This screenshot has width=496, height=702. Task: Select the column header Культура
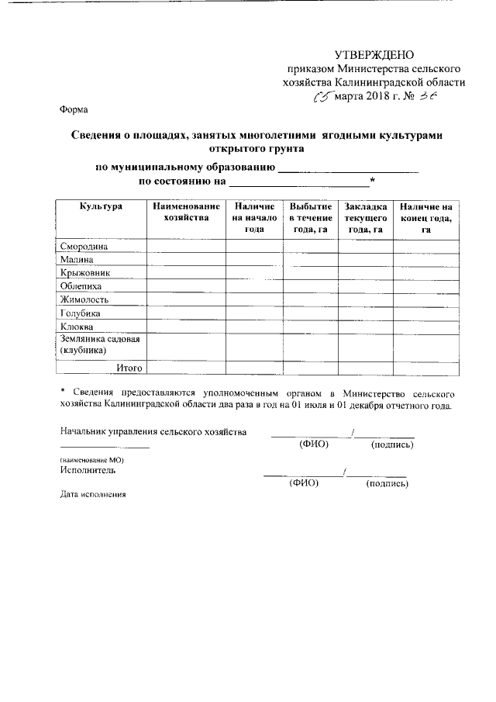[101, 207]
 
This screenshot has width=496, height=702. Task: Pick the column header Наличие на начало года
[254, 218]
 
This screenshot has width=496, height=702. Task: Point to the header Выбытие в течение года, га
[310, 218]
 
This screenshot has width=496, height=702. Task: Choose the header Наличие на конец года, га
[425, 218]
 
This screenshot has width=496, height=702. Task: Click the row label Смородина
[84, 247]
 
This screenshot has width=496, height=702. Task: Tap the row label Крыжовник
[85, 273]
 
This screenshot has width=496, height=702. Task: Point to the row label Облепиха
[83, 286]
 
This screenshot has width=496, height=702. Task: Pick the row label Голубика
[81, 313]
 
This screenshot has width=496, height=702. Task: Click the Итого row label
[129, 367]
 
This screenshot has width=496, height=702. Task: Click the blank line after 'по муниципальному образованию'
[348, 168]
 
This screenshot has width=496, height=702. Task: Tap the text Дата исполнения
[92, 494]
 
